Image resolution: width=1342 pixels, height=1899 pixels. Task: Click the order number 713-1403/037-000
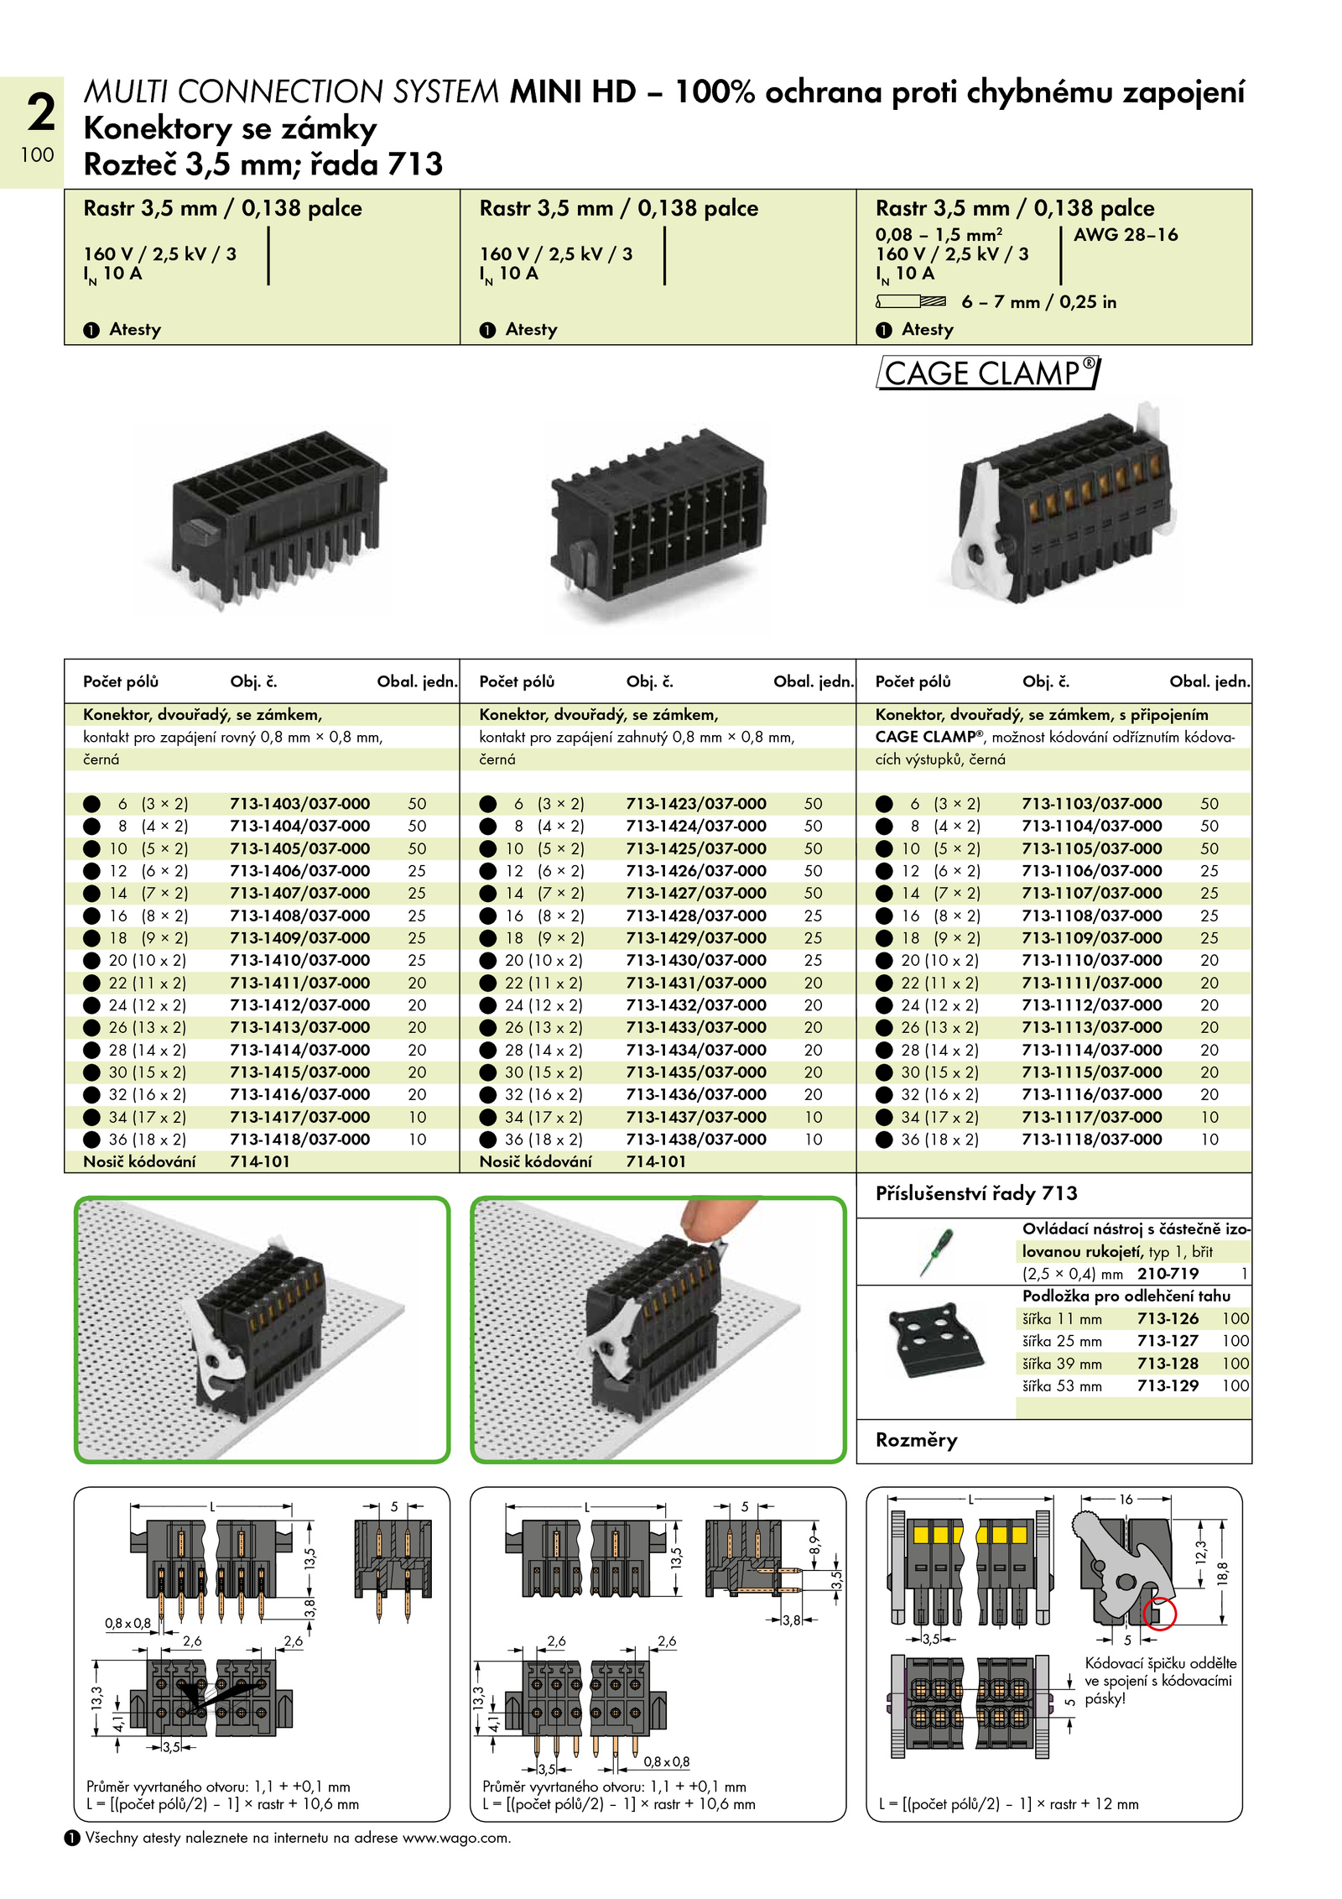click(299, 804)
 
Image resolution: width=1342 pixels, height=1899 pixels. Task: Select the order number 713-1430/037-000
click(696, 960)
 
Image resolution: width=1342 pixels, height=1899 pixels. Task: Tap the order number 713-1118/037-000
click(1092, 1140)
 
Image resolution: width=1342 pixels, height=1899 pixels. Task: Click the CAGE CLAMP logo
click(988, 373)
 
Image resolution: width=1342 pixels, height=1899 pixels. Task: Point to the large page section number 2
click(40, 112)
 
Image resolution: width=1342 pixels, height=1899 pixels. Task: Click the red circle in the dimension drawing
click(1159, 1614)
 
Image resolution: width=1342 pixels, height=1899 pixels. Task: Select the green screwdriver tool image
click(935, 1252)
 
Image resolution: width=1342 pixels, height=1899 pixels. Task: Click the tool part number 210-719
click(1168, 1274)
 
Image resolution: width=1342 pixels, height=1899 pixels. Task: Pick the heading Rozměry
click(917, 1440)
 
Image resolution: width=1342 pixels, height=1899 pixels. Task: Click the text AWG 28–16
click(1126, 235)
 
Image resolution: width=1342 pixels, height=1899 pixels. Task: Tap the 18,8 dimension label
click(1222, 1573)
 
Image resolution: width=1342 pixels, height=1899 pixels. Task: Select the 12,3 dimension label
click(1200, 1553)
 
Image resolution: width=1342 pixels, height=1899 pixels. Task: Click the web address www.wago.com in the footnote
click(455, 1838)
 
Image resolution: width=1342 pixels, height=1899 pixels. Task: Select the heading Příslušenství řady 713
click(976, 1193)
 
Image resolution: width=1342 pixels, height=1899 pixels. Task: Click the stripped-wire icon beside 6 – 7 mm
click(911, 301)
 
